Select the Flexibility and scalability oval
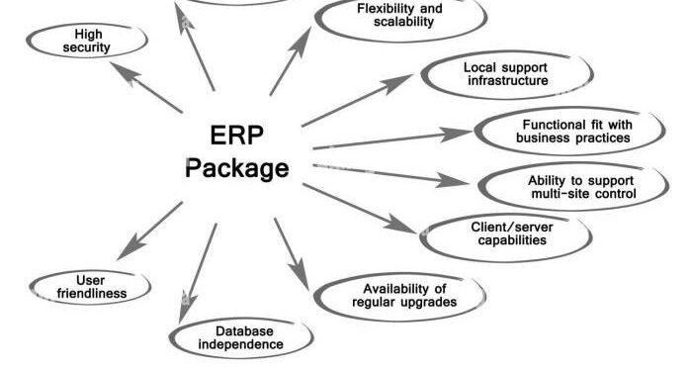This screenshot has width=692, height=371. pos(399,14)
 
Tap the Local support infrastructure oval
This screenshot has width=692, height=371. pos(506,73)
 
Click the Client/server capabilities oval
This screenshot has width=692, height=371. pos(507,232)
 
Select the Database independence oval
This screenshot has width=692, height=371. pos(241,337)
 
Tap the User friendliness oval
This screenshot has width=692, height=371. pos(90,287)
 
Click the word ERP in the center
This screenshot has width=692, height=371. pos(237,134)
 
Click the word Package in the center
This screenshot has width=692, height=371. pos(237,167)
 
